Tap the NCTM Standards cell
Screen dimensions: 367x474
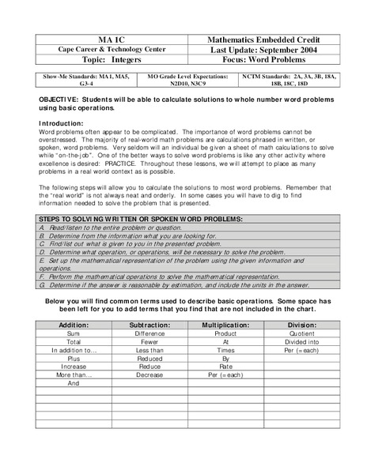pyautogui.click(x=289, y=79)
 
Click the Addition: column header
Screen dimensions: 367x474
pyautogui.click(x=74, y=324)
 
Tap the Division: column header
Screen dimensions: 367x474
pyautogui.click(x=301, y=324)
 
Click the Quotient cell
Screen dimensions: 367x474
pyautogui.click(x=301, y=333)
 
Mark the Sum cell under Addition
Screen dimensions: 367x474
pyautogui.click(x=74, y=333)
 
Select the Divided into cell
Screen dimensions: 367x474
pyautogui.click(x=301, y=341)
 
